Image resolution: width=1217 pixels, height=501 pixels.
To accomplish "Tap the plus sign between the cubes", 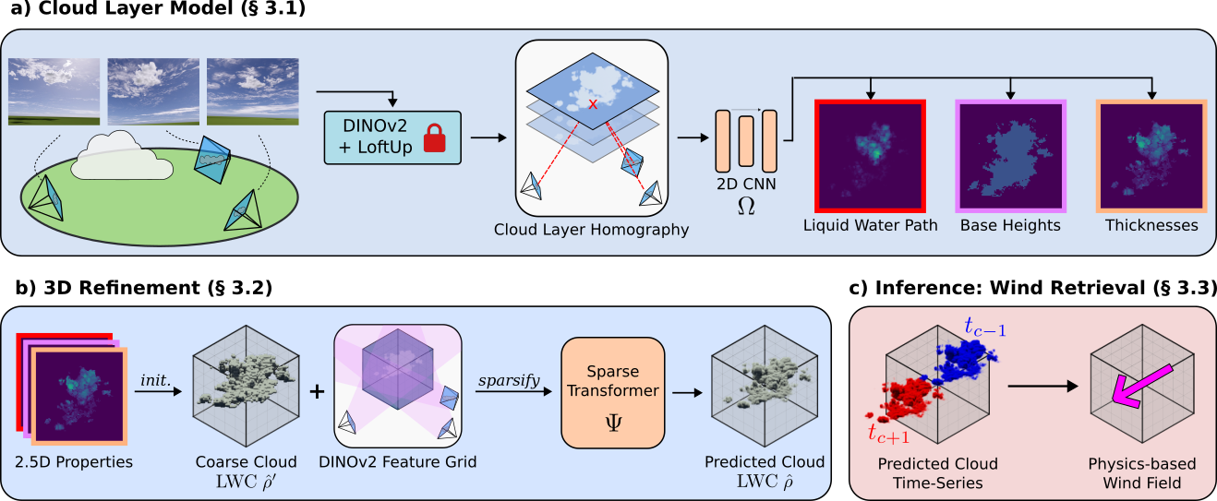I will coord(317,391).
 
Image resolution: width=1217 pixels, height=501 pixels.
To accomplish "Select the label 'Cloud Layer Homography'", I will coord(591,229).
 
